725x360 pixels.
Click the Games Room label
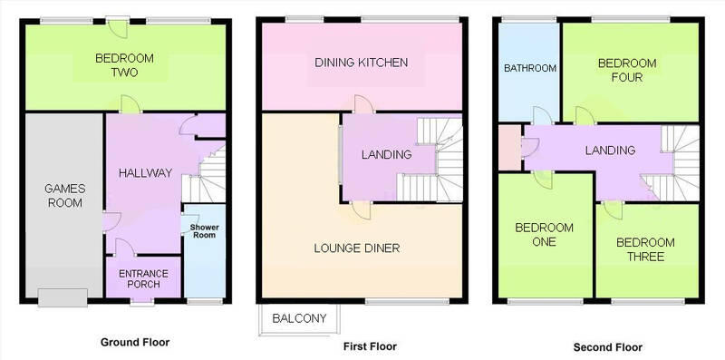tap(63, 196)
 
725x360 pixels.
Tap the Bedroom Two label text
tap(124, 65)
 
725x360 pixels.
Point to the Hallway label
tap(146, 172)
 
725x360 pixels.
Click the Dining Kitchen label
tap(362, 63)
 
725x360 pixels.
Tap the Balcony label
tap(299, 319)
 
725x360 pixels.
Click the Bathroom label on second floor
tap(528, 67)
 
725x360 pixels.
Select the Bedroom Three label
tap(646, 249)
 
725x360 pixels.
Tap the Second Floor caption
tap(607, 345)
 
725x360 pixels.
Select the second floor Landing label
tap(609, 150)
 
